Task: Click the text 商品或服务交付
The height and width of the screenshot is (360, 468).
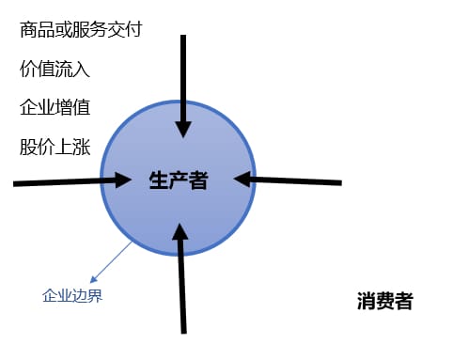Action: tap(80, 30)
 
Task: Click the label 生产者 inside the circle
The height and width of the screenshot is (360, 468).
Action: tap(178, 180)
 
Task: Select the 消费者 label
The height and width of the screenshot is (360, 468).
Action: tap(384, 302)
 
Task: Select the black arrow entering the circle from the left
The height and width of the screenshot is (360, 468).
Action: tap(56, 182)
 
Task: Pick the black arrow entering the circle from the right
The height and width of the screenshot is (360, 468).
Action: tap(296, 179)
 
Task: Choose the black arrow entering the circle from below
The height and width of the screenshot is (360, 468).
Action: tap(182, 282)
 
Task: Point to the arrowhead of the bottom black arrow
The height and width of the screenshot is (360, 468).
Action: tap(179, 228)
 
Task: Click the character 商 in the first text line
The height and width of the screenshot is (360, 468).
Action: tap(28, 30)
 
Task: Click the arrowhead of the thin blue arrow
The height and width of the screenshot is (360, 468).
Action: tap(93, 280)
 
